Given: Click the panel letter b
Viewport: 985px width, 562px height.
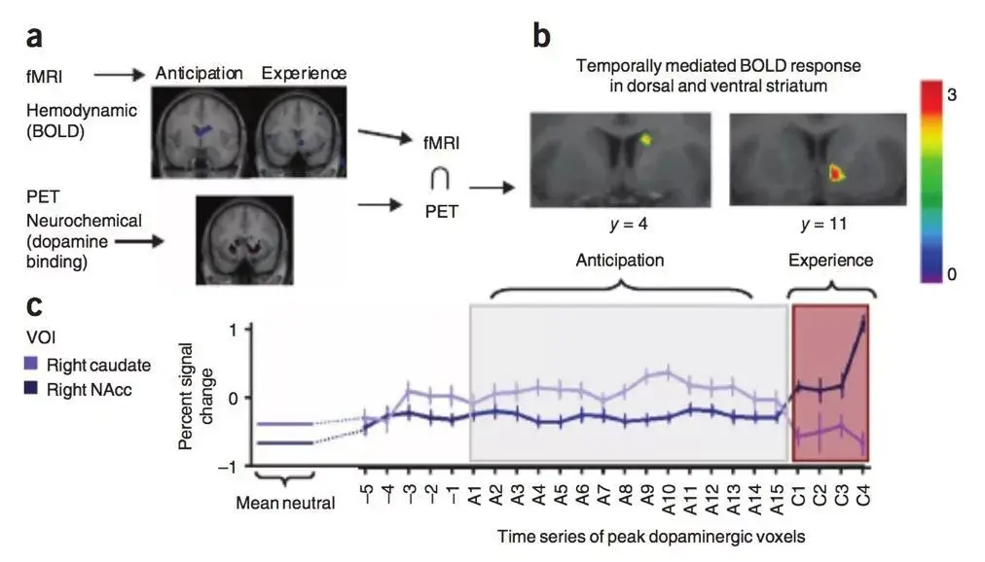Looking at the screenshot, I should (x=541, y=38).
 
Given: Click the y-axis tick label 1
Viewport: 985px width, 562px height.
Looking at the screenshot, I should (x=232, y=329).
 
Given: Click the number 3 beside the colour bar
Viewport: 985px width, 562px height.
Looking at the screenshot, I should (x=952, y=95).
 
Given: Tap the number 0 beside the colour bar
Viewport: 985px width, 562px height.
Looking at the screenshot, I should (x=952, y=275).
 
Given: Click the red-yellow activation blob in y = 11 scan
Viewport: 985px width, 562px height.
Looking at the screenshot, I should (x=834, y=173).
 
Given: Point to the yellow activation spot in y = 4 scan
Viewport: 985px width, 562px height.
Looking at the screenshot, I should (x=644, y=140).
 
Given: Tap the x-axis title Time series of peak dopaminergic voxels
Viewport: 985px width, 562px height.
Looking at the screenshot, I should (x=650, y=536).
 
